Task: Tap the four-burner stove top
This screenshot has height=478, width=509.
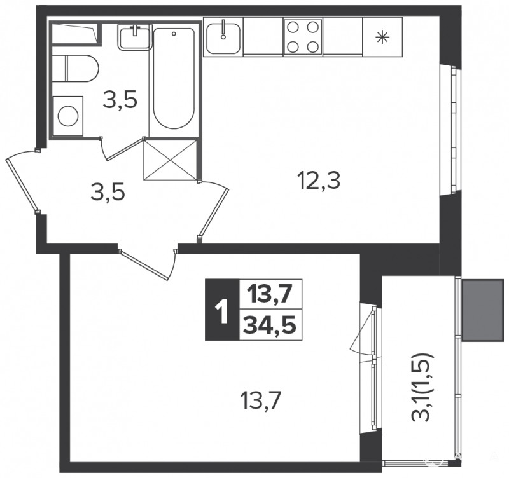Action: [303, 37]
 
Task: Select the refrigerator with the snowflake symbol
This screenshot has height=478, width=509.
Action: [382, 37]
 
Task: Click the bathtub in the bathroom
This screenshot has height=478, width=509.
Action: [174, 78]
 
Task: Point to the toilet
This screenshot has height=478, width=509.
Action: [74, 69]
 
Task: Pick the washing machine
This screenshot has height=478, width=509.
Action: [68, 116]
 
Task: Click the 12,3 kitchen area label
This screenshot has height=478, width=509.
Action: [320, 181]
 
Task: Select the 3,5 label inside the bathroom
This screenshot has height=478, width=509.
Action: [120, 100]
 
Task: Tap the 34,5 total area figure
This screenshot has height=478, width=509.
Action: [270, 325]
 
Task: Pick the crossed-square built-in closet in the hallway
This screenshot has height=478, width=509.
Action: [171, 160]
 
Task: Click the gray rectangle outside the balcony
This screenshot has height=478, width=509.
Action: [482, 310]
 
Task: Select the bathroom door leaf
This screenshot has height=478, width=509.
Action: [125, 149]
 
